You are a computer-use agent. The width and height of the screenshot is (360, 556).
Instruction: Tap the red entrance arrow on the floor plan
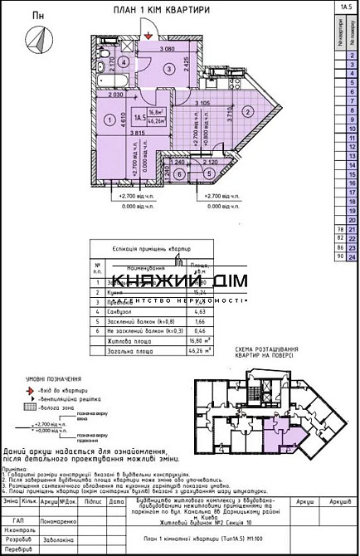147,35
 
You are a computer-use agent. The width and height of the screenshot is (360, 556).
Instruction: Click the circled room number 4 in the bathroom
121,61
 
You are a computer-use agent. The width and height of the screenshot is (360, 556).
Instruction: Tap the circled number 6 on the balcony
180,173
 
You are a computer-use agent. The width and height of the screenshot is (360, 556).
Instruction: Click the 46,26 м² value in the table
198,351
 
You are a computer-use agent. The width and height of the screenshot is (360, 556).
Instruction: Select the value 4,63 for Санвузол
198,310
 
